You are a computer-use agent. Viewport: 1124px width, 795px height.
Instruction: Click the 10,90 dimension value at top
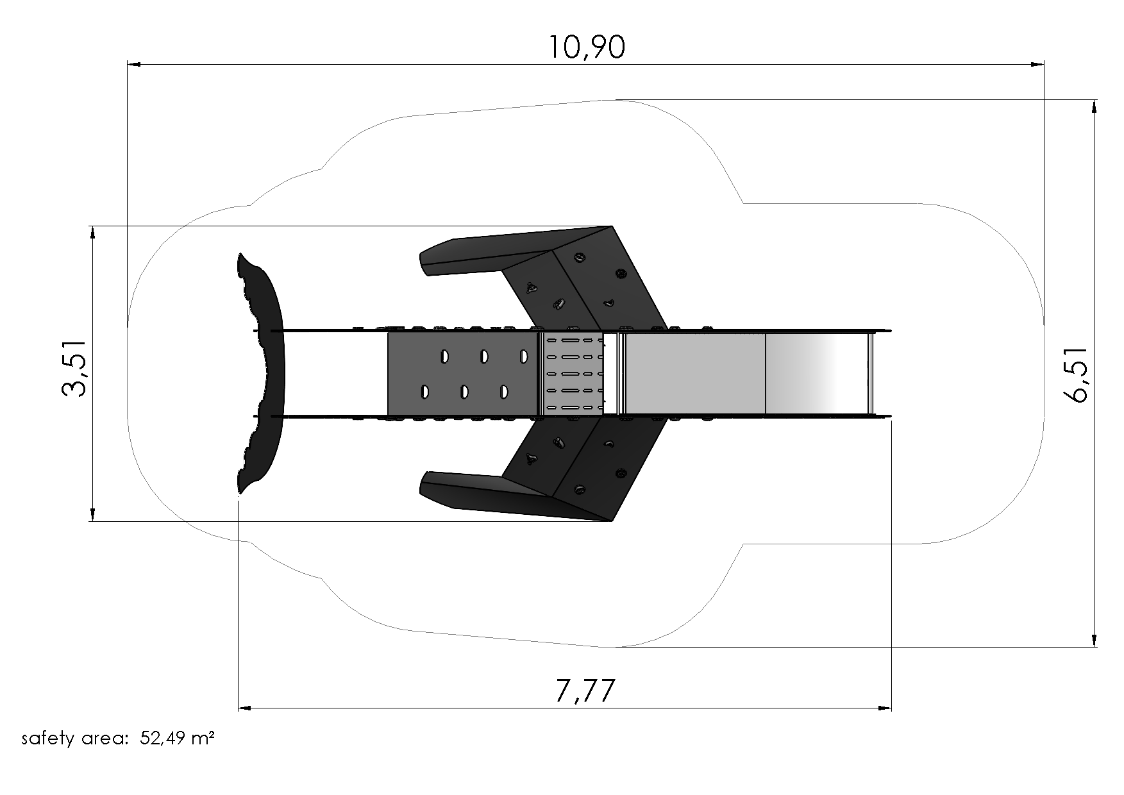pyautogui.click(x=587, y=47)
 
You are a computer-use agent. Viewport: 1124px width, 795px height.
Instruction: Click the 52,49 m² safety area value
pyautogui.click(x=178, y=739)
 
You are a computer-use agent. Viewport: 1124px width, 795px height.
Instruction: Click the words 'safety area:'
pyautogui.click(x=76, y=739)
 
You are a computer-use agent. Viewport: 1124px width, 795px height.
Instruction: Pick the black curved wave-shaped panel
pyautogui.click(x=260, y=373)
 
